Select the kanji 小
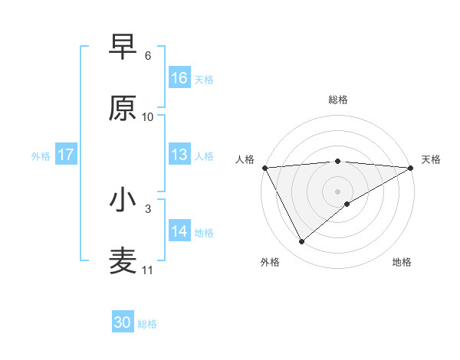point(123,200)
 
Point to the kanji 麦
point(123,261)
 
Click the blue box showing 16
point(179,77)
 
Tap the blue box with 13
point(179,155)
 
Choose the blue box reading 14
point(179,231)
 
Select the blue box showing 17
point(66,155)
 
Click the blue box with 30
point(123,322)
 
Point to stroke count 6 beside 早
point(148,56)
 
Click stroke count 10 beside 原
point(148,117)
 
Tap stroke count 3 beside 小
point(148,208)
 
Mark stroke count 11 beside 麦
point(148,270)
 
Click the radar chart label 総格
point(338,100)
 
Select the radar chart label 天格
point(431,159)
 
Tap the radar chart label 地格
point(402,262)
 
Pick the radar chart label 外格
point(270,262)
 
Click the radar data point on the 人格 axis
point(264,168)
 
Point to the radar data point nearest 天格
point(411,168)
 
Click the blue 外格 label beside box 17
point(41,155)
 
